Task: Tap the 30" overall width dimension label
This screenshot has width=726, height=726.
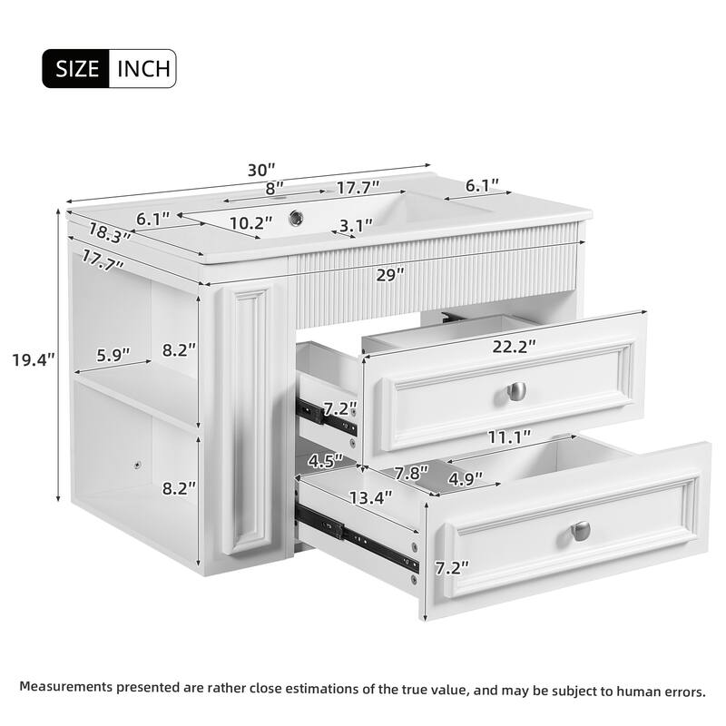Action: click(x=260, y=170)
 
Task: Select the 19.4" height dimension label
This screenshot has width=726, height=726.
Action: click(x=34, y=359)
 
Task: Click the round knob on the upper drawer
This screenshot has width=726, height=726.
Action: click(x=516, y=391)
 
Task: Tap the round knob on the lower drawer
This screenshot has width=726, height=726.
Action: click(x=581, y=530)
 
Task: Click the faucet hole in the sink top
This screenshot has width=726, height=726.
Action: click(x=296, y=218)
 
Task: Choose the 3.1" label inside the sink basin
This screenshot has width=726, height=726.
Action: click(x=357, y=225)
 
